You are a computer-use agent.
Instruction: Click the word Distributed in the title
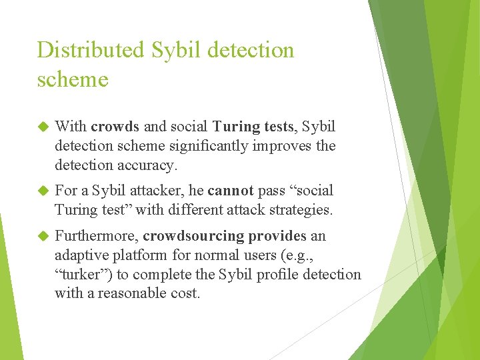tap(91, 50)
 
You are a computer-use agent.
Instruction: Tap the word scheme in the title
tap(73, 79)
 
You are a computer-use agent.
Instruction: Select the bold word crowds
tap(115, 127)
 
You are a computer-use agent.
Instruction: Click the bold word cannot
tap(231, 191)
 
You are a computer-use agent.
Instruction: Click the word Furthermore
tap(96, 236)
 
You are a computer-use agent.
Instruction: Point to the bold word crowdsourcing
tap(193, 236)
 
